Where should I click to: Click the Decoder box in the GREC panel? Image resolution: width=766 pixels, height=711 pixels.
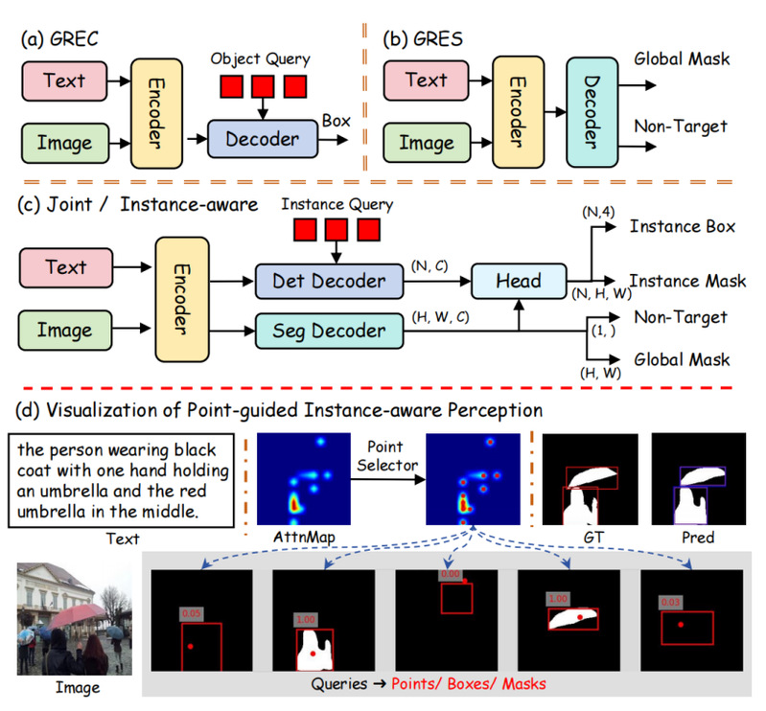[x=262, y=140]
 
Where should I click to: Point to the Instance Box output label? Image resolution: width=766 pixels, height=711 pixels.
[x=683, y=227]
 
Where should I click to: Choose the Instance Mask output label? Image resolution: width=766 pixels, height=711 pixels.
[x=687, y=281]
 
